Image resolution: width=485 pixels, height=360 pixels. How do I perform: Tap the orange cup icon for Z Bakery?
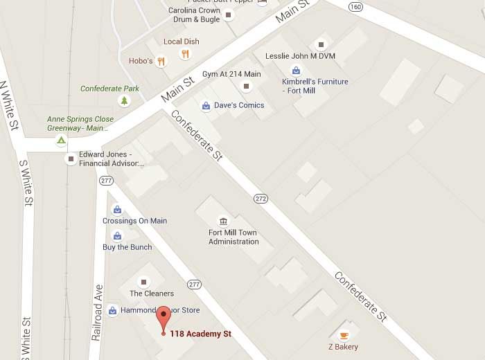(x=344, y=334)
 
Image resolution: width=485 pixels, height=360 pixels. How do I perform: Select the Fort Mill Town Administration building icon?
(x=223, y=222)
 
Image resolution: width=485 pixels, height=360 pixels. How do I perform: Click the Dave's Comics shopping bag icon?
(x=206, y=106)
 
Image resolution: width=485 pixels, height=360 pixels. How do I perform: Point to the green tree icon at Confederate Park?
(x=125, y=101)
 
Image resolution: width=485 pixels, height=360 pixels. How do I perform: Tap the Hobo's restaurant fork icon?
(x=161, y=62)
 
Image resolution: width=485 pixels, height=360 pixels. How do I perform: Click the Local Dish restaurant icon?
(x=185, y=54)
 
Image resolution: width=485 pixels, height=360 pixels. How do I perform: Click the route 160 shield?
(x=355, y=7)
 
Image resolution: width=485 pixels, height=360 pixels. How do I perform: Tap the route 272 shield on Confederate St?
(x=261, y=197)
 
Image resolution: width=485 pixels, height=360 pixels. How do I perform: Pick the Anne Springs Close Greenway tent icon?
(x=61, y=141)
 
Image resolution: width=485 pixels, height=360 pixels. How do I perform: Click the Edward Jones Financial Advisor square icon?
(x=71, y=159)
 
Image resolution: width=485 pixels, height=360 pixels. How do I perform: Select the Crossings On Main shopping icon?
(x=118, y=209)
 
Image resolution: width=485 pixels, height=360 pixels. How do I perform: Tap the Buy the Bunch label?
(x=127, y=247)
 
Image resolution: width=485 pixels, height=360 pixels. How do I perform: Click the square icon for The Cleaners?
(x=144, y=282)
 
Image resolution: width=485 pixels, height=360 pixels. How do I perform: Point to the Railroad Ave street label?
(x=98, y=312)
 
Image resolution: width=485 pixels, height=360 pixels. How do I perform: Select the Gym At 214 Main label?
(x=231, y=74)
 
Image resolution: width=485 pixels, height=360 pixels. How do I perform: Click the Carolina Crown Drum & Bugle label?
(x=195, y=15)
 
